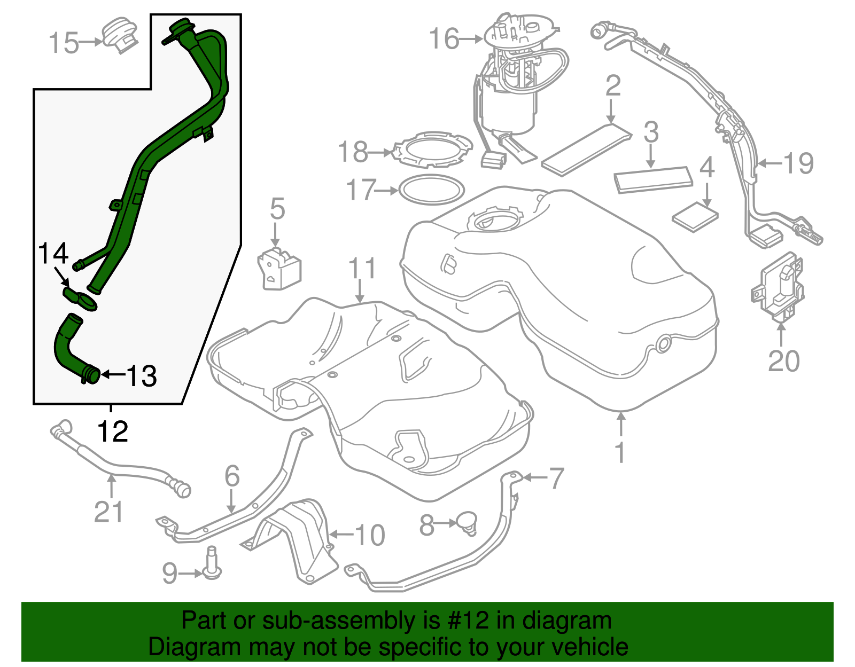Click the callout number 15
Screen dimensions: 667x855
(64, 43)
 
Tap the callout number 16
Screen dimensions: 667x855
(444, 39)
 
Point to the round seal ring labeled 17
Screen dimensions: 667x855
(432, 190)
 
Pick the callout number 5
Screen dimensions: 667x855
(277, 209)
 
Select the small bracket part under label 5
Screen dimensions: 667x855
(279, 269)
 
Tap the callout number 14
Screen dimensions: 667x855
(53, 253)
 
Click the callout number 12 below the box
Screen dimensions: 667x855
(113, 431)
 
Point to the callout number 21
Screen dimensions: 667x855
(108, 512)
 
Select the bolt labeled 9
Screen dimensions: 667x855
(212, 564)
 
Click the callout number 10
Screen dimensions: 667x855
(370, 535)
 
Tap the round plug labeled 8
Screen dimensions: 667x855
(467, 521)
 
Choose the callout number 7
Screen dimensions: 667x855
(556, 477)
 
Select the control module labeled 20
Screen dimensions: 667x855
(780, 288)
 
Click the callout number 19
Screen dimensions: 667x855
(798, 163)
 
